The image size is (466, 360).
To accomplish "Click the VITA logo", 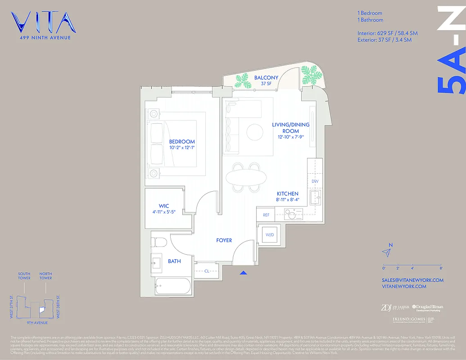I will tap(43, 23).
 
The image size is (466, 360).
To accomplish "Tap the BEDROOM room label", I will tap(182, 141).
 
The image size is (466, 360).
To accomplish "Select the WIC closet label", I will tap(163, 206).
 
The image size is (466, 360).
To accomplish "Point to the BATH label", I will tap(174, 261).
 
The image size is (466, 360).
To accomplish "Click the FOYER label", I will tap(224, 240).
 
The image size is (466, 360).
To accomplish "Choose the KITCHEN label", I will tap(287, 193).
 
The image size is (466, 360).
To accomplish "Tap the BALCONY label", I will tap(266, 77).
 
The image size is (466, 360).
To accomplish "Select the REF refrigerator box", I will tap(266, 215).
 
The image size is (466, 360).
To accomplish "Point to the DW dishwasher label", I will tap(315, 181).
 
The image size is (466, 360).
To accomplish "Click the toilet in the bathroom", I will tap(159, 243).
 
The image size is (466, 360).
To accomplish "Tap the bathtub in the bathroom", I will tap(172, 285).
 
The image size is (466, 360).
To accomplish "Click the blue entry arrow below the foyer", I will tap(244, 272).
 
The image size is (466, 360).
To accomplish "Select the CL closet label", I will tap(207, 271).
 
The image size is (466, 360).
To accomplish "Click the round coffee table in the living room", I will tap(255, 132).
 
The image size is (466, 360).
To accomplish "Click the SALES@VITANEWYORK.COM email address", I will tap(412, 280).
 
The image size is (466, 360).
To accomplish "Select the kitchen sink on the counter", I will tap(317, 195).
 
